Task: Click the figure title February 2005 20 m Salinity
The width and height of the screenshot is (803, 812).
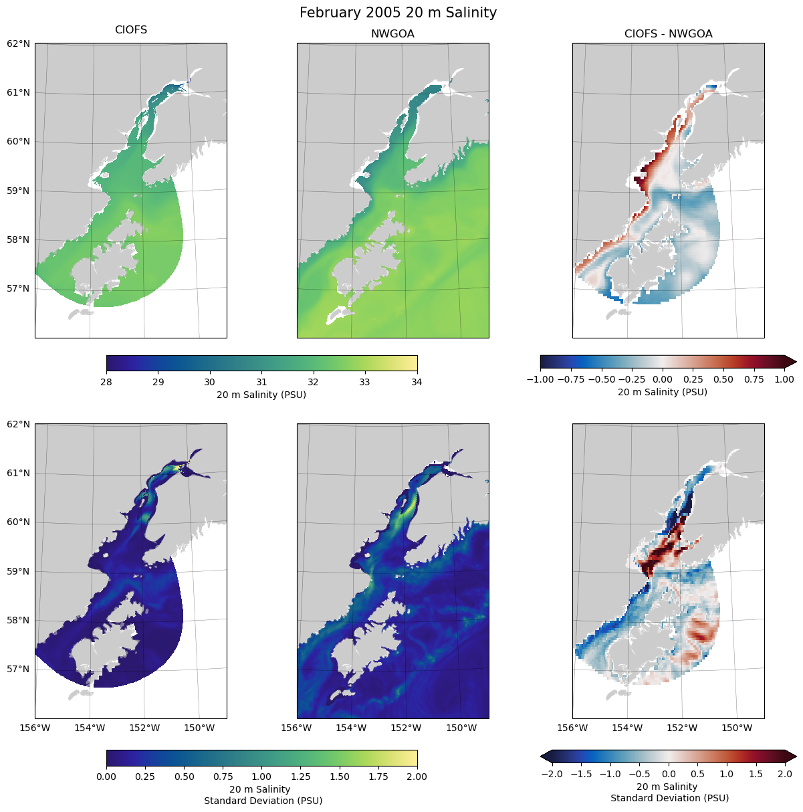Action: point(398,13)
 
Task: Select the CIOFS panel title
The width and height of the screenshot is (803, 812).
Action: point(131,30)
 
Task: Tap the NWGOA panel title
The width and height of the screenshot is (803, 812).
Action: point(392,34)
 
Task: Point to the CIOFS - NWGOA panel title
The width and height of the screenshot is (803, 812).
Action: point(668,34)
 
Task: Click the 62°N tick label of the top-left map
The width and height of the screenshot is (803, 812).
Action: point(19,44)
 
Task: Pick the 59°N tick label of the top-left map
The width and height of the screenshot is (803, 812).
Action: point(19,191)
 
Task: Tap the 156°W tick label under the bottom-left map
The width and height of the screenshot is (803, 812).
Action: point(35,728)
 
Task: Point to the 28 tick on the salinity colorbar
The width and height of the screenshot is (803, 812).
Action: point(106,382)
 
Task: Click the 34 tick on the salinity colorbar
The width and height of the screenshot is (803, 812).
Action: point(417,382)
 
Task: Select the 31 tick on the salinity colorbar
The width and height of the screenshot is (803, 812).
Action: point(261,382)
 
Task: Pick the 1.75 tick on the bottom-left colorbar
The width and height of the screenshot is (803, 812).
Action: point(378,777)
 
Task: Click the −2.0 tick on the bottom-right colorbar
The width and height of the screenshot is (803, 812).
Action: point(552,774)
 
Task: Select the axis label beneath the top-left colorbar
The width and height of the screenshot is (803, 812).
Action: point(261,395)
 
